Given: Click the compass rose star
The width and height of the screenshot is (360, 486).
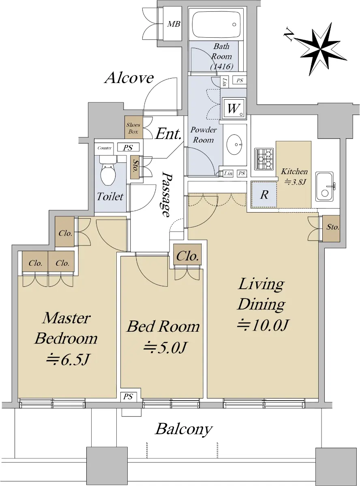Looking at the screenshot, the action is tap(321, 49).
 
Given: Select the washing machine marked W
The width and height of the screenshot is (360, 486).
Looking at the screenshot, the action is tap(234, 108).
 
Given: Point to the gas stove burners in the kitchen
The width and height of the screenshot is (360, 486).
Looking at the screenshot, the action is tap(264, 159).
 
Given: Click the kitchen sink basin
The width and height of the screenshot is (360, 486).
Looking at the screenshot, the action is tap(324, 186).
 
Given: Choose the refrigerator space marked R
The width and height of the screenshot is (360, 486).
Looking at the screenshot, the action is tap(264, 194).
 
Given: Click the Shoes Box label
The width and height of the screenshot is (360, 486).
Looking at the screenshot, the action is tap(133, 128).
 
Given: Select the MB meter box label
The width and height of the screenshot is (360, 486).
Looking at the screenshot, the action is tap(174, 24).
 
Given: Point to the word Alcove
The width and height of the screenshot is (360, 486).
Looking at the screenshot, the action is tap(129, 78).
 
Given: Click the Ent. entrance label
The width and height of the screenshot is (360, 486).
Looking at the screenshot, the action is tap(168, 134).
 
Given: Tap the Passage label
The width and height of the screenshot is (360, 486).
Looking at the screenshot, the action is tap(166, 194).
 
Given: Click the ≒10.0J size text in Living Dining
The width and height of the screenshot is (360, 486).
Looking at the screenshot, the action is tap(263, 325).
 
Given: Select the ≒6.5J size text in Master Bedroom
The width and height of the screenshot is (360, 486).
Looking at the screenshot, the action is tap(68, 359).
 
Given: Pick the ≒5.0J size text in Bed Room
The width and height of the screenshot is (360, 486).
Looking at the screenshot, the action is tap(165, 347).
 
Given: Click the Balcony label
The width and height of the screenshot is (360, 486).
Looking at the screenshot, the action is tap(184, 429).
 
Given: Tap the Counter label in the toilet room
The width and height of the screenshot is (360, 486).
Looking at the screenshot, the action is tap(105, 148).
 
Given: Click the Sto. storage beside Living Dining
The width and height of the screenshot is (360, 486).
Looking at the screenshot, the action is tap(332, 228).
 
